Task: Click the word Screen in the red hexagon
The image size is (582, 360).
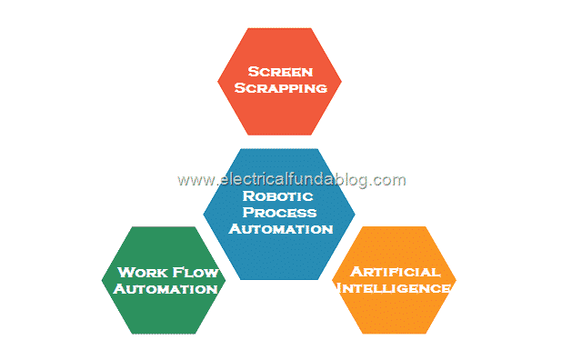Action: (x=280, y=70)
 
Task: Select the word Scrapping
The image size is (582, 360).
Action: (x=280, y=89)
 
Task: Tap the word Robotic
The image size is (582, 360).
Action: (x=278, y=195)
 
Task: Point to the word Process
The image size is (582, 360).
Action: (x=278, y=212)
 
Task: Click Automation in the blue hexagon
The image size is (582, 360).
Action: (x=280, y=228)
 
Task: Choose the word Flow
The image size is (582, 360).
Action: (x=192, y=272)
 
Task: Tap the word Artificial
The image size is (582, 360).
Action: (x=395, y=272)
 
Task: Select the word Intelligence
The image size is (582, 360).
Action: (x=395, y=288)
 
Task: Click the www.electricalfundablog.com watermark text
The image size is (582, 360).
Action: (x=292, y=179)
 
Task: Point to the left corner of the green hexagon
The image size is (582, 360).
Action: (x=103, y=281)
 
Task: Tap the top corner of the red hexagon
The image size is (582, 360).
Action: (x=280, y=27)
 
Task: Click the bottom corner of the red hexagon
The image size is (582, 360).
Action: (x=280, y=135)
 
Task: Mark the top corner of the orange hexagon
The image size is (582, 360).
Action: (x=395, y=226)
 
